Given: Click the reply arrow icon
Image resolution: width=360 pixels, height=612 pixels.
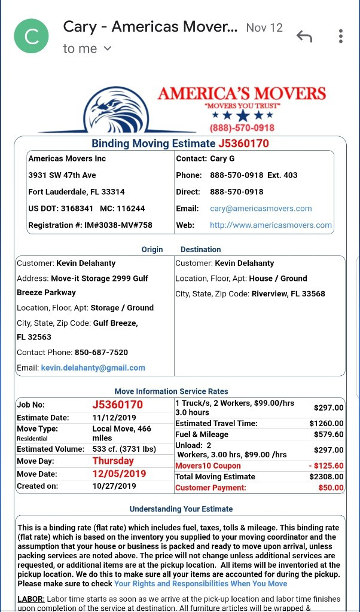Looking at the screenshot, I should coord(304,36).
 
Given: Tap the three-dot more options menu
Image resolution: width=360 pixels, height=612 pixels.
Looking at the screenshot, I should coord(340,36).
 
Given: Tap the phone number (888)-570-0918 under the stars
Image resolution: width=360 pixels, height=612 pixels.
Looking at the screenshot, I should coord(242,128).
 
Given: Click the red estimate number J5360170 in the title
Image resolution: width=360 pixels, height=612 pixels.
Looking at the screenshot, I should coord(243,143).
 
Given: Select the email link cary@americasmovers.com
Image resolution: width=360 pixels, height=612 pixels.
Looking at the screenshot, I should coord(261,209).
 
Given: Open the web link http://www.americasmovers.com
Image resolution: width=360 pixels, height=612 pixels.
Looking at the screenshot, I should coord(270,225).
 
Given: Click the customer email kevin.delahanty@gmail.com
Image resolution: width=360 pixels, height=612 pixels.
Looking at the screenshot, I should coord(93,368).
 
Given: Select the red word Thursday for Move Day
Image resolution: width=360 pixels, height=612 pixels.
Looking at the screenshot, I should coord(113,461).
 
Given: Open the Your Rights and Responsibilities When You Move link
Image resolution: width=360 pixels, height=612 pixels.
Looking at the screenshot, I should coord(200,583).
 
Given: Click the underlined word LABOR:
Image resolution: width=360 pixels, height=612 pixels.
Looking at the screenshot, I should coord(31,599).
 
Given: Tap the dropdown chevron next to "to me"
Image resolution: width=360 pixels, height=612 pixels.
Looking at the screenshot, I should coord(108,48).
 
